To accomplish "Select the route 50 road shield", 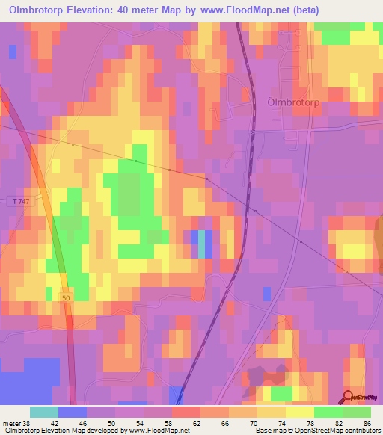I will (x=67, y=297).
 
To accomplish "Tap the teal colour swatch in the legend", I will (x=44, y=412).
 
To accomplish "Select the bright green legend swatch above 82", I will (x=328, y=412).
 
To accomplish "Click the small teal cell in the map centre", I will (x=202, y=244).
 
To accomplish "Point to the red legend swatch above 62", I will (x=186, y=412).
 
